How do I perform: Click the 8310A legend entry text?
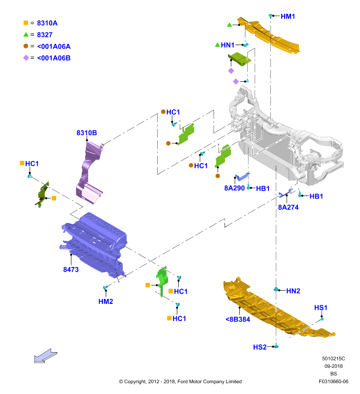click(47, 23)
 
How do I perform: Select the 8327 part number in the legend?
click(45, 34)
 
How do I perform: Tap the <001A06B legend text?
click(54, 58)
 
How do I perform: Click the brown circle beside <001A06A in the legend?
click(26, 46)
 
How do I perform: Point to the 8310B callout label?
click(87, 132)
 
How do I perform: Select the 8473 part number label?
click(71, 269)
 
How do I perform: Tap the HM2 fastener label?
click(105, 301)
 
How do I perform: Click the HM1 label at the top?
click(288, 16)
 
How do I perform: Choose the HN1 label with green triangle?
click(228, 45)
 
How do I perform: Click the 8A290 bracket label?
click(234, 188)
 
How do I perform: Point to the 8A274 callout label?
click(288, 207)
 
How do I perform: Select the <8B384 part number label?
click(238, 319)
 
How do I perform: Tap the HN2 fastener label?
click(293, 291)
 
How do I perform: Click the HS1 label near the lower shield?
click(321, 308)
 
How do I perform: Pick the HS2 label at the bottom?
click(260, 347)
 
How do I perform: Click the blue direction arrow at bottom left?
click(45, 356)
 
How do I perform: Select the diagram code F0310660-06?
click(333, 381)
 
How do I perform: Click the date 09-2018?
click(333, 366)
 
